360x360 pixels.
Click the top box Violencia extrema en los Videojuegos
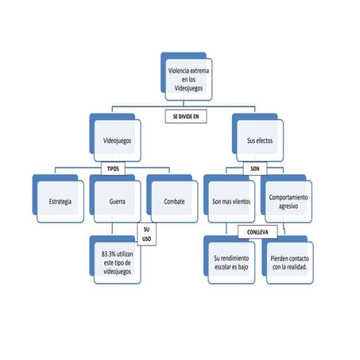click(188, 82)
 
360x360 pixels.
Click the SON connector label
click(255, 169)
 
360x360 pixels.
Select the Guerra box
click(117, 201)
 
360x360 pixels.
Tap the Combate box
click(173, 201)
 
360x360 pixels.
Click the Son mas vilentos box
click(232, 201)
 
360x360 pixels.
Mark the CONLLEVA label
click(257, 233)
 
